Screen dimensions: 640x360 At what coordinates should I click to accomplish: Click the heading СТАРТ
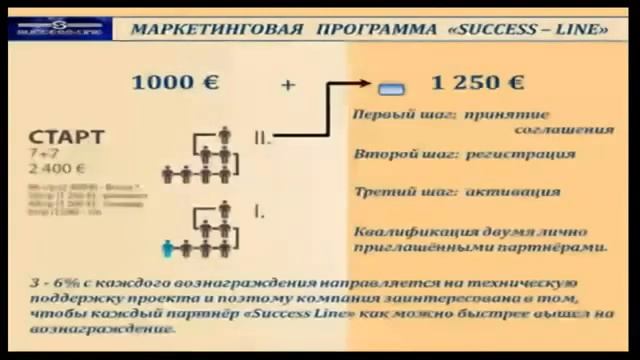click(66, 137)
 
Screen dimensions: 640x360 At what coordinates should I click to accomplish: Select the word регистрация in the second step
click(528, 155)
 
